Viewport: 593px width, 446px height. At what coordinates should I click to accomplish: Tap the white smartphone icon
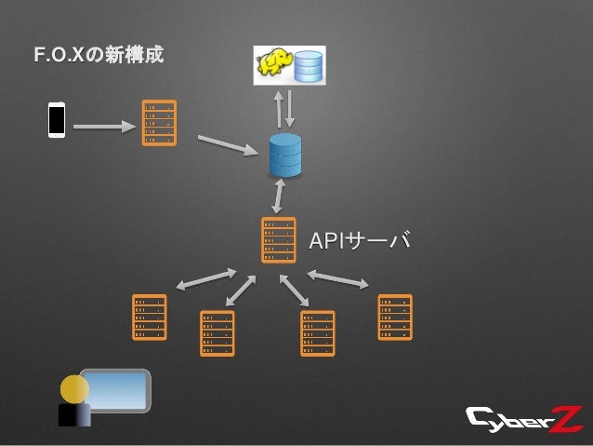coord(57,121)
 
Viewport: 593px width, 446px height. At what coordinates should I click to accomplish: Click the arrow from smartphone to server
coord(102,124)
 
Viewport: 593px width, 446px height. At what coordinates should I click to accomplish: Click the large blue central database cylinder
coord(285,155)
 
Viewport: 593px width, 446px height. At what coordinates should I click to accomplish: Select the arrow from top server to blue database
coord(228,144)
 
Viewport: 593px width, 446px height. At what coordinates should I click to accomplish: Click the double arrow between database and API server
coord(278,196)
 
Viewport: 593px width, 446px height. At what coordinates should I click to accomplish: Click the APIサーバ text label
coord(359,242)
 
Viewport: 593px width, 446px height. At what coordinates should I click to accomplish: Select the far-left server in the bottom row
coord(150,317)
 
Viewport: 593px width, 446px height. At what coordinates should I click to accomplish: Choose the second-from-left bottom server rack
coord(217,332)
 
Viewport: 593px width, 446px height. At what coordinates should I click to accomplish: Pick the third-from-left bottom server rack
coord(318,332)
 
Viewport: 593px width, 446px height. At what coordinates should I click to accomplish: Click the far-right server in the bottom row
coord(394,317)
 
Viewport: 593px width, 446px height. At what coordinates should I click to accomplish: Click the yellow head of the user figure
coord(74,387)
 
